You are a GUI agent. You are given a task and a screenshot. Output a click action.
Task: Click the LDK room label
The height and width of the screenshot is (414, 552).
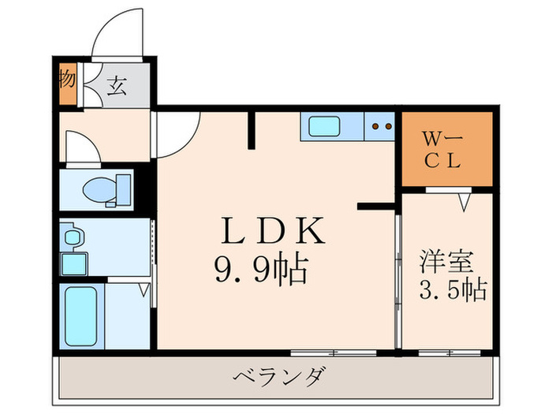271,232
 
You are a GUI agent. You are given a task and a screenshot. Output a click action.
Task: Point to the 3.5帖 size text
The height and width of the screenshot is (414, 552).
451,290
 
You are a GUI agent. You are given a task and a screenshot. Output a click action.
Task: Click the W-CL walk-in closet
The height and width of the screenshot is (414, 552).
447,148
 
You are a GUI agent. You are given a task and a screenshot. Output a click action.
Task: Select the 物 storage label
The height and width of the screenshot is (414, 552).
67,81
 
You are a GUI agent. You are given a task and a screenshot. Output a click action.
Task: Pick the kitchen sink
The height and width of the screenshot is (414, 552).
324,126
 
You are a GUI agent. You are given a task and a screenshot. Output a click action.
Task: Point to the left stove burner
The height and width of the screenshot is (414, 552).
376,125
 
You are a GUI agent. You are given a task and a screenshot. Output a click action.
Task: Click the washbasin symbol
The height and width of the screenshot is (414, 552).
73,236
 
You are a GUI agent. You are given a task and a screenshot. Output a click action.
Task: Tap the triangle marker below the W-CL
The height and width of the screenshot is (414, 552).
464,203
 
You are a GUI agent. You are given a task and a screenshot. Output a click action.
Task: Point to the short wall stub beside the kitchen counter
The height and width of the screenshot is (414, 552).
252,129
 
